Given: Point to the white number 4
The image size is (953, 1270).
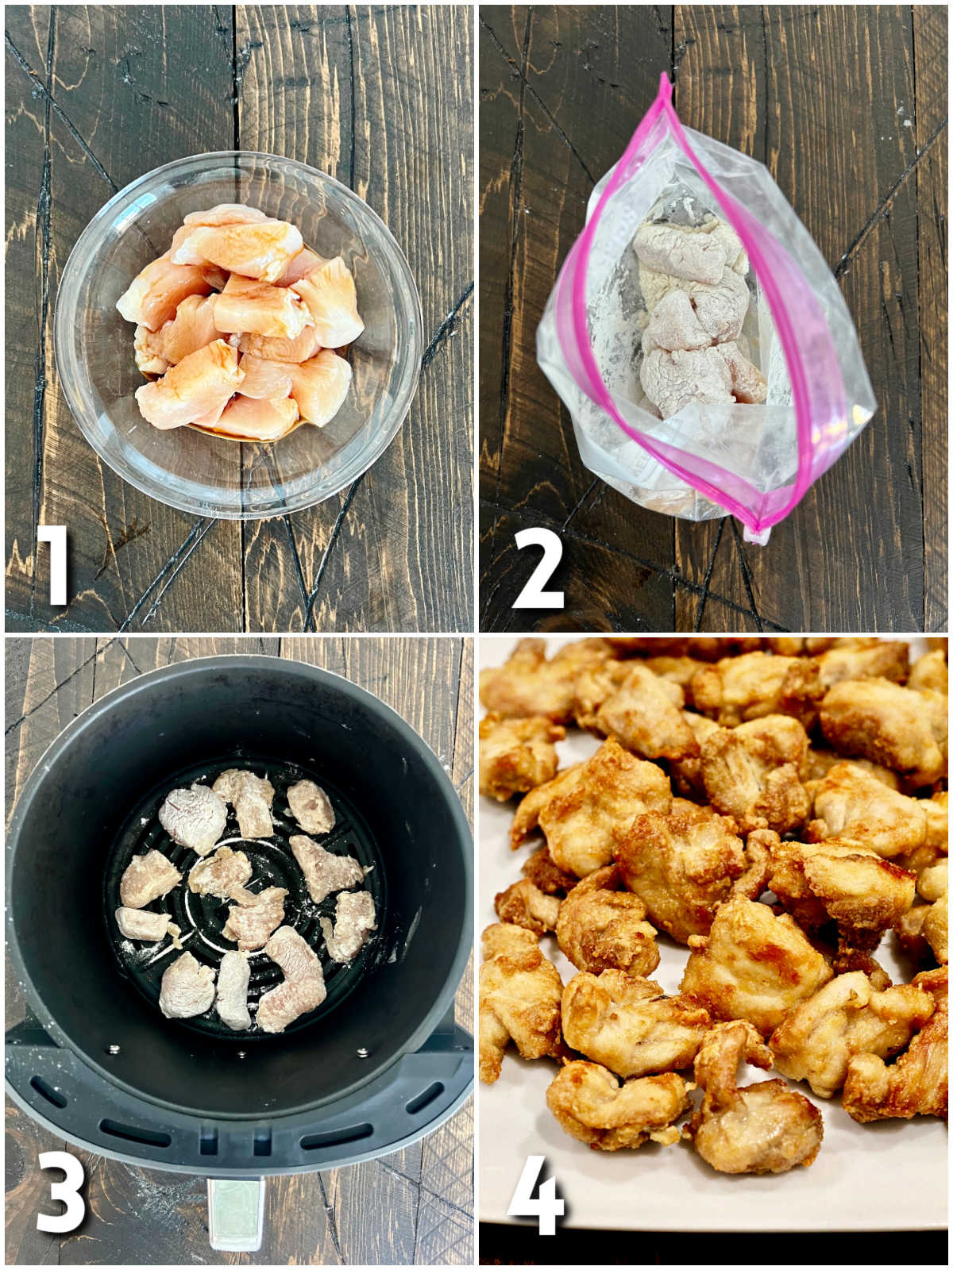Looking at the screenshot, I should click(x=536, y=1195).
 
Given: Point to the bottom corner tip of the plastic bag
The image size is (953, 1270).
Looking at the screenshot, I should click(x=756, y=535).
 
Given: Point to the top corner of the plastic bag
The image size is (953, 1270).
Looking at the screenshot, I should click(x=666, y=79).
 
